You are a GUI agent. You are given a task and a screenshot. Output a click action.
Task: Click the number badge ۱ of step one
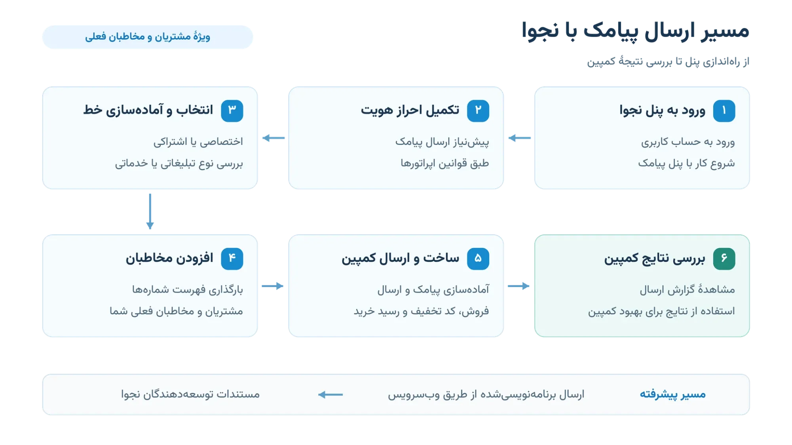[x=724, y=111]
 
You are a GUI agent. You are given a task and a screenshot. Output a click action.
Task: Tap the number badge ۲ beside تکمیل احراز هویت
[x=478, y=111]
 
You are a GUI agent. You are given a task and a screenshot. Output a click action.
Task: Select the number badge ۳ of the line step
[x=232, y=111]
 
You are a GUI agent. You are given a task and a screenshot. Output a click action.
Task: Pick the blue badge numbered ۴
[x=232, y=259]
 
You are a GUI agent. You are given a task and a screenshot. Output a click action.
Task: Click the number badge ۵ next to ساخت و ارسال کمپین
[x=478, y=259]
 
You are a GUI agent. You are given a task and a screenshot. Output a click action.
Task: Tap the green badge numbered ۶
[x=724, y=259]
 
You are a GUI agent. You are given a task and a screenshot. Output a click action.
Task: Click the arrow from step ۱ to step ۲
[x=520, y=138]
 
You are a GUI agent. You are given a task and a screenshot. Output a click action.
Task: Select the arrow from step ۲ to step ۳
[x=274, y=138]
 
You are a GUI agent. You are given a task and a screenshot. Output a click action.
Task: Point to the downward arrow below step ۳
[x=150, y=211]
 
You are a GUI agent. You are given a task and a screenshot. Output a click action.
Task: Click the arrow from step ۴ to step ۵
[x=273, y=286]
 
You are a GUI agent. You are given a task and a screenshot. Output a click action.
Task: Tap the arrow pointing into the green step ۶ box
[x=519, y=286]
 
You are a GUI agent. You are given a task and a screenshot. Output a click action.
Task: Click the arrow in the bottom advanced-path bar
[x=331, y=394]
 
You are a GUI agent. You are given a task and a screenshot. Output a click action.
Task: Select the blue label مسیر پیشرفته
[x=673, y=394]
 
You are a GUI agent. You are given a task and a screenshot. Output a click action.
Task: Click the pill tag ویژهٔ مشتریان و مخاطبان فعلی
[x=148, y=37]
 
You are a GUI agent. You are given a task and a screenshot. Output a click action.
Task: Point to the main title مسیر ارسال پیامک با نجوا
[x=635, y=31]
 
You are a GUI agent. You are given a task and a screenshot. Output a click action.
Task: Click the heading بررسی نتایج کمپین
[x=655, y=259]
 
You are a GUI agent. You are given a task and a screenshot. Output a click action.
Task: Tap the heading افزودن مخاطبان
[x=169, y=259]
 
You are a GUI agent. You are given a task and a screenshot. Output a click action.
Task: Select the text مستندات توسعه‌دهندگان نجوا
[x=190, y=394]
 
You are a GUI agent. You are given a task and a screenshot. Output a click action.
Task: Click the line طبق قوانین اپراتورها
[x=445, y=164]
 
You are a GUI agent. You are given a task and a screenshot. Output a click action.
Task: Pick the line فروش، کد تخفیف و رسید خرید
[x=421, y=311]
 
